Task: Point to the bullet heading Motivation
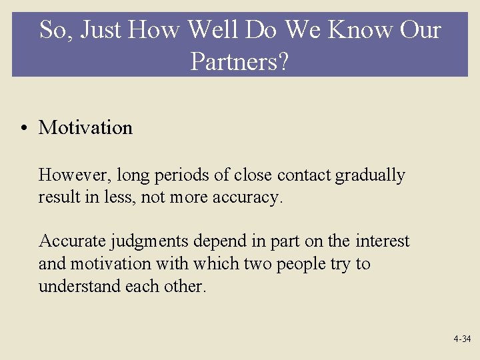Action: tap(85, 127)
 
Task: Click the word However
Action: tap(74, 175)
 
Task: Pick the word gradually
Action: tap(370, 175)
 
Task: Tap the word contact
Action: tap(304, 175)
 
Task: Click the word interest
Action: tap(382, 241)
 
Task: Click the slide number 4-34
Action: tap(461, 339)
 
